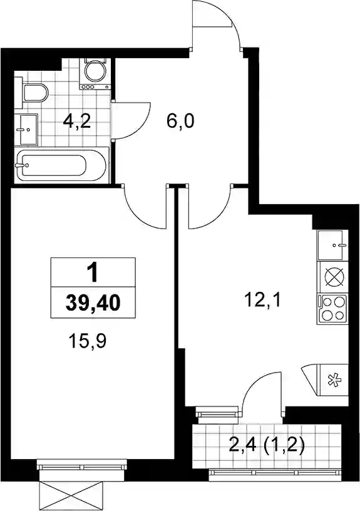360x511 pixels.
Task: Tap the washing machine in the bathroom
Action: (x=95, y=74)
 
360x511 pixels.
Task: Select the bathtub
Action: (x=62, y=165)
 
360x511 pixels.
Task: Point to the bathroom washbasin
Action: (x=26, y=130)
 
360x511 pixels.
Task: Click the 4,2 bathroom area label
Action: (x=76, y=121)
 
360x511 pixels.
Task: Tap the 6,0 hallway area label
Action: (x=180, y=121)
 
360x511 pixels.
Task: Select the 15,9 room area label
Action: (x=88, y=341)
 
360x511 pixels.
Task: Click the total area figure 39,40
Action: (x=93, y=302)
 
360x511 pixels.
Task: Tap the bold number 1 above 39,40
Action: (x=93, y=273)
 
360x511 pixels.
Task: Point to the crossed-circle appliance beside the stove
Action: (x=333, y=277)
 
